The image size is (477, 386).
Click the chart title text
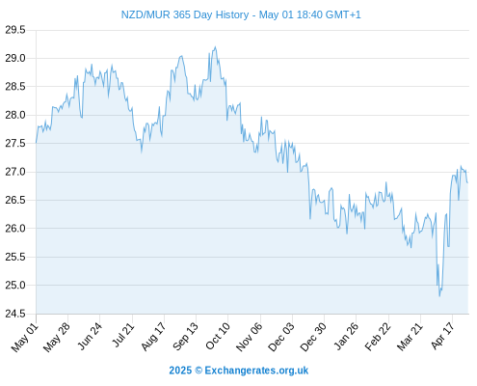(x=241, y=14)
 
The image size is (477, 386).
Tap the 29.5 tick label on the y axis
(x=15, y=30)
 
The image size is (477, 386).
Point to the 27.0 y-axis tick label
(x=15, y=172)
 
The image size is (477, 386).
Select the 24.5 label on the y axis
(x=15, y=314)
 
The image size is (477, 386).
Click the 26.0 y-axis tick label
(x=15, y=229)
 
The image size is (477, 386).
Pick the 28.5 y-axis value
(x=15, y=87)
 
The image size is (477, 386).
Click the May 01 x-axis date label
(x=25, y=338)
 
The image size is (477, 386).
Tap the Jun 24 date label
(x=90, y=337)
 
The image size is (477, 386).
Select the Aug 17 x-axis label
(x=153, y=337)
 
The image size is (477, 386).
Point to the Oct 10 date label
(x=218, y=337)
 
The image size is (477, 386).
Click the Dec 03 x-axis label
(x=281, y=337)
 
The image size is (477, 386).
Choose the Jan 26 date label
(x=346, y=337)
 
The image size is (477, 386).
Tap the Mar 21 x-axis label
(x=410, y=337)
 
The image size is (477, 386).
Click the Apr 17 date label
(x=442, y=336)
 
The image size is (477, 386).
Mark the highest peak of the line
(x=215, y=47)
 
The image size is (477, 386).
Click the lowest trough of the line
(x=439, y=296)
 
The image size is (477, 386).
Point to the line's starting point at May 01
(x=37, y=142)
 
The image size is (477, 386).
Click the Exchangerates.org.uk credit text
(x=256, y=371)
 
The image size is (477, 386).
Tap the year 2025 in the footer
(x=180, y=371)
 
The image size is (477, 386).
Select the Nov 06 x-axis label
(x=250, y=337)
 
